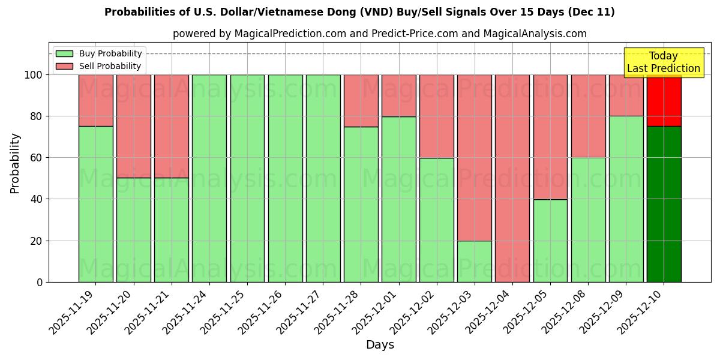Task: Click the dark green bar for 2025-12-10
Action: (664, 204)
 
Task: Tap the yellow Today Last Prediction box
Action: (663, 62)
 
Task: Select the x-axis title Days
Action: (380, 345)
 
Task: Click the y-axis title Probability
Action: (15, 163)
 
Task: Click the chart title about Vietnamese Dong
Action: (359, 12)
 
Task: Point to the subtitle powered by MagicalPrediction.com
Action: (379, 34)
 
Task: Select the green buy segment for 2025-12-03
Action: (474, 262)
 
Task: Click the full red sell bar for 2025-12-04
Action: (512, 178)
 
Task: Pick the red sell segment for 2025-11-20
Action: (133, 126)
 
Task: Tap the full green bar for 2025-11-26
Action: (285, 178)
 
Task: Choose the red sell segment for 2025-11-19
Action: (95, 100)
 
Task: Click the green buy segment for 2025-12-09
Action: (626, 199)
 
